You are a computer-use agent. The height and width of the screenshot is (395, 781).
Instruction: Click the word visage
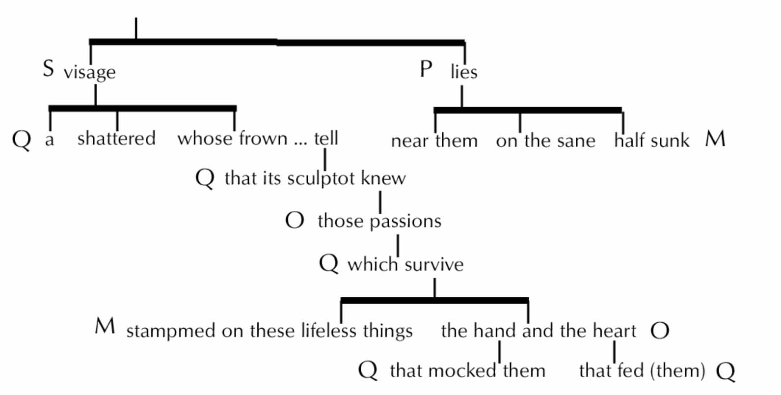[x=89, y=73]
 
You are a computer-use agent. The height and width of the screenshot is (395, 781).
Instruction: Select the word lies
[x=464, y=72]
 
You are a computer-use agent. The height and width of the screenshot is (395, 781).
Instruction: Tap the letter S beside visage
[x=48, y=69]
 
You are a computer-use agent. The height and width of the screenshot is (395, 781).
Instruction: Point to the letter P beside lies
[x=426, y=69]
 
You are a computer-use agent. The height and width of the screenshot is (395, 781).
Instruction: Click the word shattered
[x=116, y=138]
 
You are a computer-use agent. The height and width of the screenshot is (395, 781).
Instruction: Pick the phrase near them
[x=434, y=141]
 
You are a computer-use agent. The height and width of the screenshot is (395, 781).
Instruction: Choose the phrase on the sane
[x=545, y=141]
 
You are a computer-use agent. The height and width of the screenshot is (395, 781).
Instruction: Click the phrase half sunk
[x=652, y=141]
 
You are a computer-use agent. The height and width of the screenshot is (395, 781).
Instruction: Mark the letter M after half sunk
[x=715, y=139]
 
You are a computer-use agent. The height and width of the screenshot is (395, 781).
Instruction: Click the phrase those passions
[x=379, y=222]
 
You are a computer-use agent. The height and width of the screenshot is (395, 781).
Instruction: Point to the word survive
[x=434, y=265]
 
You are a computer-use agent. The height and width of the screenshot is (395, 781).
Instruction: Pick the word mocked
[x=467, y=370]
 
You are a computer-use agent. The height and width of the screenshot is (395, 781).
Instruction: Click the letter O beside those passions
[x=295, y=221]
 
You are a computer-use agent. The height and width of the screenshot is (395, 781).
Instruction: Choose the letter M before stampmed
[x=105, y=326]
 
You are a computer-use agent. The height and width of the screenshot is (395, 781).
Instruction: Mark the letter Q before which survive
[x=328, y=264]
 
